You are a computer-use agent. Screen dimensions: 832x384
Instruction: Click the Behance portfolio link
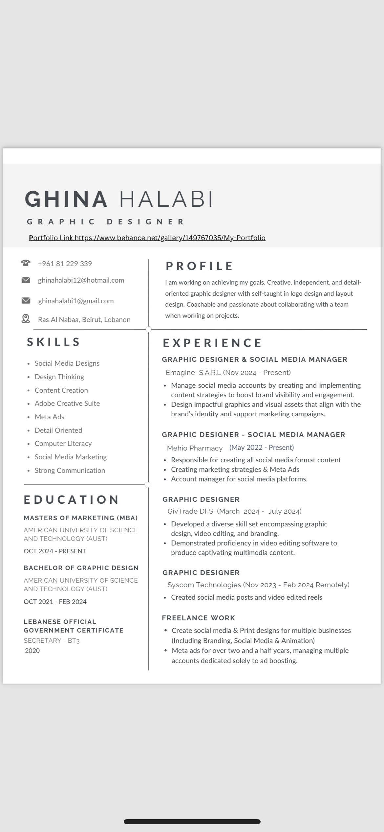[170, 238]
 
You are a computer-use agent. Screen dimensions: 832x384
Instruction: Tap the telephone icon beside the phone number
[26, 263]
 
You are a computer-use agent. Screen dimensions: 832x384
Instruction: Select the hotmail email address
[81, 280]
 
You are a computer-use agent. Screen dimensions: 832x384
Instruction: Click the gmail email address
[76, 301]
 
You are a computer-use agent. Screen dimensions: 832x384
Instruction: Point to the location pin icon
[26, 319]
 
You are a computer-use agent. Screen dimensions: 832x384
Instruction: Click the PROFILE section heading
[199, 266]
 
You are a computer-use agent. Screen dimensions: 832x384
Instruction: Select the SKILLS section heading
[53, 342]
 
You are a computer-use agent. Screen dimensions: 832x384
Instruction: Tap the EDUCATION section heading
[72, 499]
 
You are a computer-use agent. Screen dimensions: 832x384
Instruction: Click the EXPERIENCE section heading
[212, 343]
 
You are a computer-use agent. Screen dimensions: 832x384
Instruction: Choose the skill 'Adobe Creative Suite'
[67, 404]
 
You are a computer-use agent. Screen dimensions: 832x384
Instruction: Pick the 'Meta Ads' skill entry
[50, 417]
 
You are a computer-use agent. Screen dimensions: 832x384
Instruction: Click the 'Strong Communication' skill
[70, 471]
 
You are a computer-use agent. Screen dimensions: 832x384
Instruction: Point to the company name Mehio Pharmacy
[195, 448]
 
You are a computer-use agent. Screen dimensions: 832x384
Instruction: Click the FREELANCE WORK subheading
[199, 618]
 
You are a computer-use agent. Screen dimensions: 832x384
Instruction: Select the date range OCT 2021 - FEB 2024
[55, 602]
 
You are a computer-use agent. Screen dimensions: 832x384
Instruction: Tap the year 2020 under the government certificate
[32, 651]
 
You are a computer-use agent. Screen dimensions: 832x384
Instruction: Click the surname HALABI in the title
[166, 199]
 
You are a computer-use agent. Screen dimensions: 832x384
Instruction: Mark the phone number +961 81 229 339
[65, 264]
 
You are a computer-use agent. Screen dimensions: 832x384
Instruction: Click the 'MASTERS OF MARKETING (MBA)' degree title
[81, 518]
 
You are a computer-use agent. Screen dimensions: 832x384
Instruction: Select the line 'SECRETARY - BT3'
[52, 640]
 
